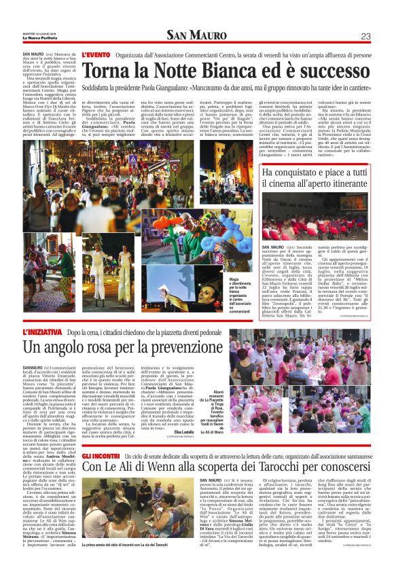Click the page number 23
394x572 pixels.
pyautogui.click(x=365, y=36)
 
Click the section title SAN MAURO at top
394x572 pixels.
pyautogui.click(x=197, y=36)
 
